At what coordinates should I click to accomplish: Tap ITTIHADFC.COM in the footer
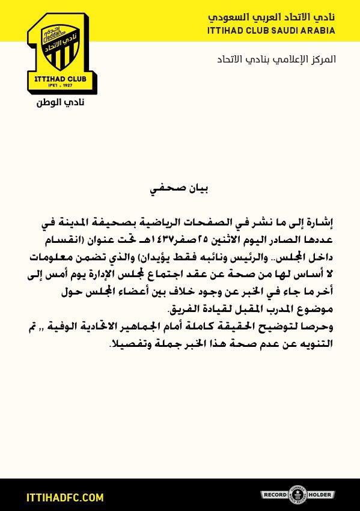click(x=66, y=498)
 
